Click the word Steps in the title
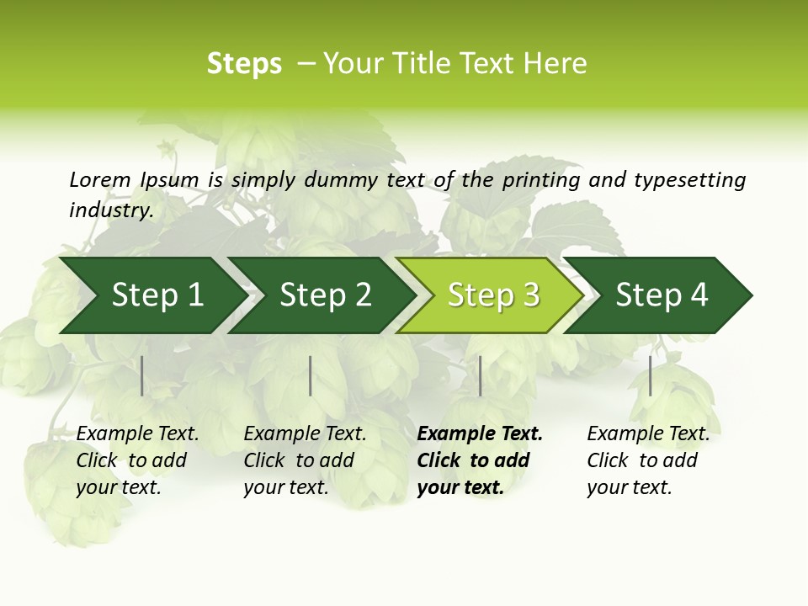pyautogui.click(x=244, y=64)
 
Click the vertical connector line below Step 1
pyautogui.click(x=142, y=375)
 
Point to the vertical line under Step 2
pyautogui.click(x=311, y=375)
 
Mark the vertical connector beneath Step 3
pyautogui.click(x=480, y=375)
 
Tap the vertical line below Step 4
pyautogui.click(x=650, y=375)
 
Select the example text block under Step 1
pyautogui.click(x=137, y=460)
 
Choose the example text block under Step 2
pyautogui.click(x=305, y=460)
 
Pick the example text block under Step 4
pyautogui.click(x=648, y=460)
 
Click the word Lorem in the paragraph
pyautogui.click(x=99, y=179)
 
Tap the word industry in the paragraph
pyautogui.click(x=110, y=210)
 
